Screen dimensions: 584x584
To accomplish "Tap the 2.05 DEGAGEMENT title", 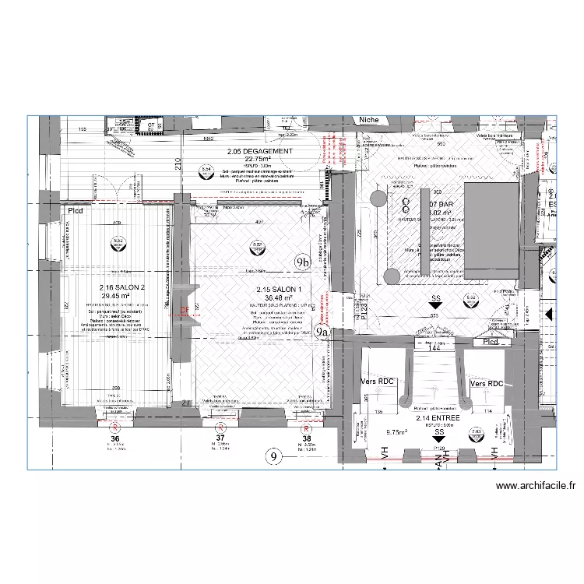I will pos(260,151).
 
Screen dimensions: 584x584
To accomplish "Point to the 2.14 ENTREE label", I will pos(438,417).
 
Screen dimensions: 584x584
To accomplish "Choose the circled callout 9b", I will pos(303,263).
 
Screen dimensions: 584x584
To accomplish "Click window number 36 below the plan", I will pos(114,438).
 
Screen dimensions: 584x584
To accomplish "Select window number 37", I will pos(220,438).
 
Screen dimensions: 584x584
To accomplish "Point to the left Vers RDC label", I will pos(378,382).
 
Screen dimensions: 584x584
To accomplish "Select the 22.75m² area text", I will pos(260,159).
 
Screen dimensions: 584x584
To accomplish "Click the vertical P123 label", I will pos(364,307).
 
